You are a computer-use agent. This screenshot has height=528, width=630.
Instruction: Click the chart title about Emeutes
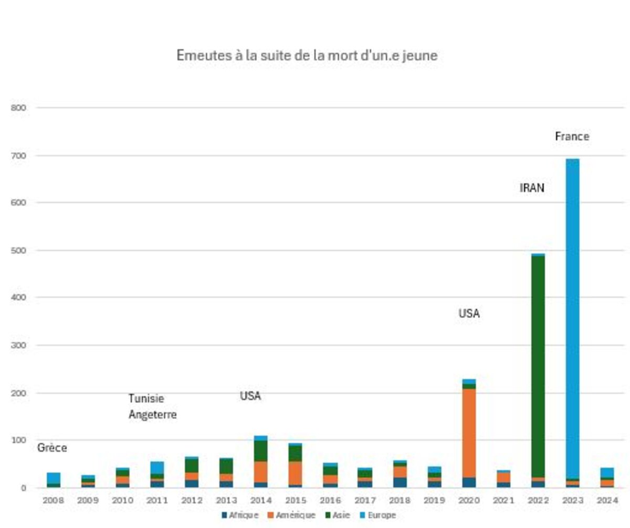coord(307,56)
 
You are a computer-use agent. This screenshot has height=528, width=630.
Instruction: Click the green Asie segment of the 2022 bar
coord(538,367)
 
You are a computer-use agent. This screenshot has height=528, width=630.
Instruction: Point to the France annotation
coord(572,136)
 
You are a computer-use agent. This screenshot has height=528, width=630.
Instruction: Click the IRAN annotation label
coord(532,188)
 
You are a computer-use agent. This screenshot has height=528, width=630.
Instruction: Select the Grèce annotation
coord(52,448)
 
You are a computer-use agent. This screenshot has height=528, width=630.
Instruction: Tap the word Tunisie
coord(146,399)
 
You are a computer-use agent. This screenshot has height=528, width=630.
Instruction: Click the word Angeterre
coord(153,415)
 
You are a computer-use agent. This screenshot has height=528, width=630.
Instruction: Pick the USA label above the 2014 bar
coord(250,396)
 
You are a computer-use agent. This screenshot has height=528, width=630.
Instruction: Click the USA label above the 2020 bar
coord(469,314)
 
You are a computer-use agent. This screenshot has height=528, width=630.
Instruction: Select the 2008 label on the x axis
coord(53,501)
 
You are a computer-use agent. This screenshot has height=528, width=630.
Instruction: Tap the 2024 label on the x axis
coord(607,501)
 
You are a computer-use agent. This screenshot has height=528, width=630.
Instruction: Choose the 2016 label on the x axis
coord(330,501)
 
